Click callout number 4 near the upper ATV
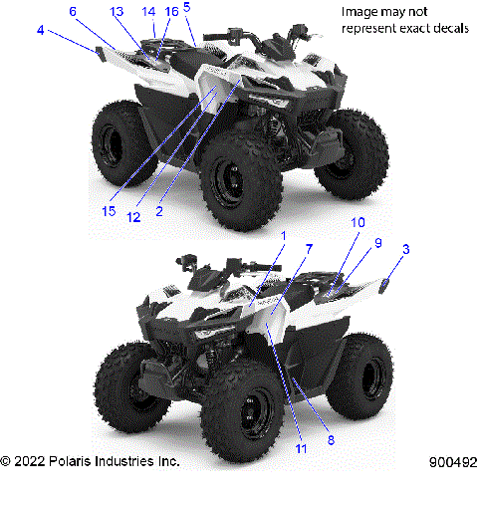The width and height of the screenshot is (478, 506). point(40,31)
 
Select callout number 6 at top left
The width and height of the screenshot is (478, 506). point(73,11)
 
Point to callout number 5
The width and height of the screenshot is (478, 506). point(186,7)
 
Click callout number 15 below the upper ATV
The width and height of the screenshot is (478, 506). point(108,211)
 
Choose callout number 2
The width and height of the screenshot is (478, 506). point(158,212)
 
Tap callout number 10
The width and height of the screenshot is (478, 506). point(358,223)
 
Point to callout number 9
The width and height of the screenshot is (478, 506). point(376,242)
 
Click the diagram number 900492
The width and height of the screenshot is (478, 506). point(450,462)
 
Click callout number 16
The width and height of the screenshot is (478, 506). point(170,11)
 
